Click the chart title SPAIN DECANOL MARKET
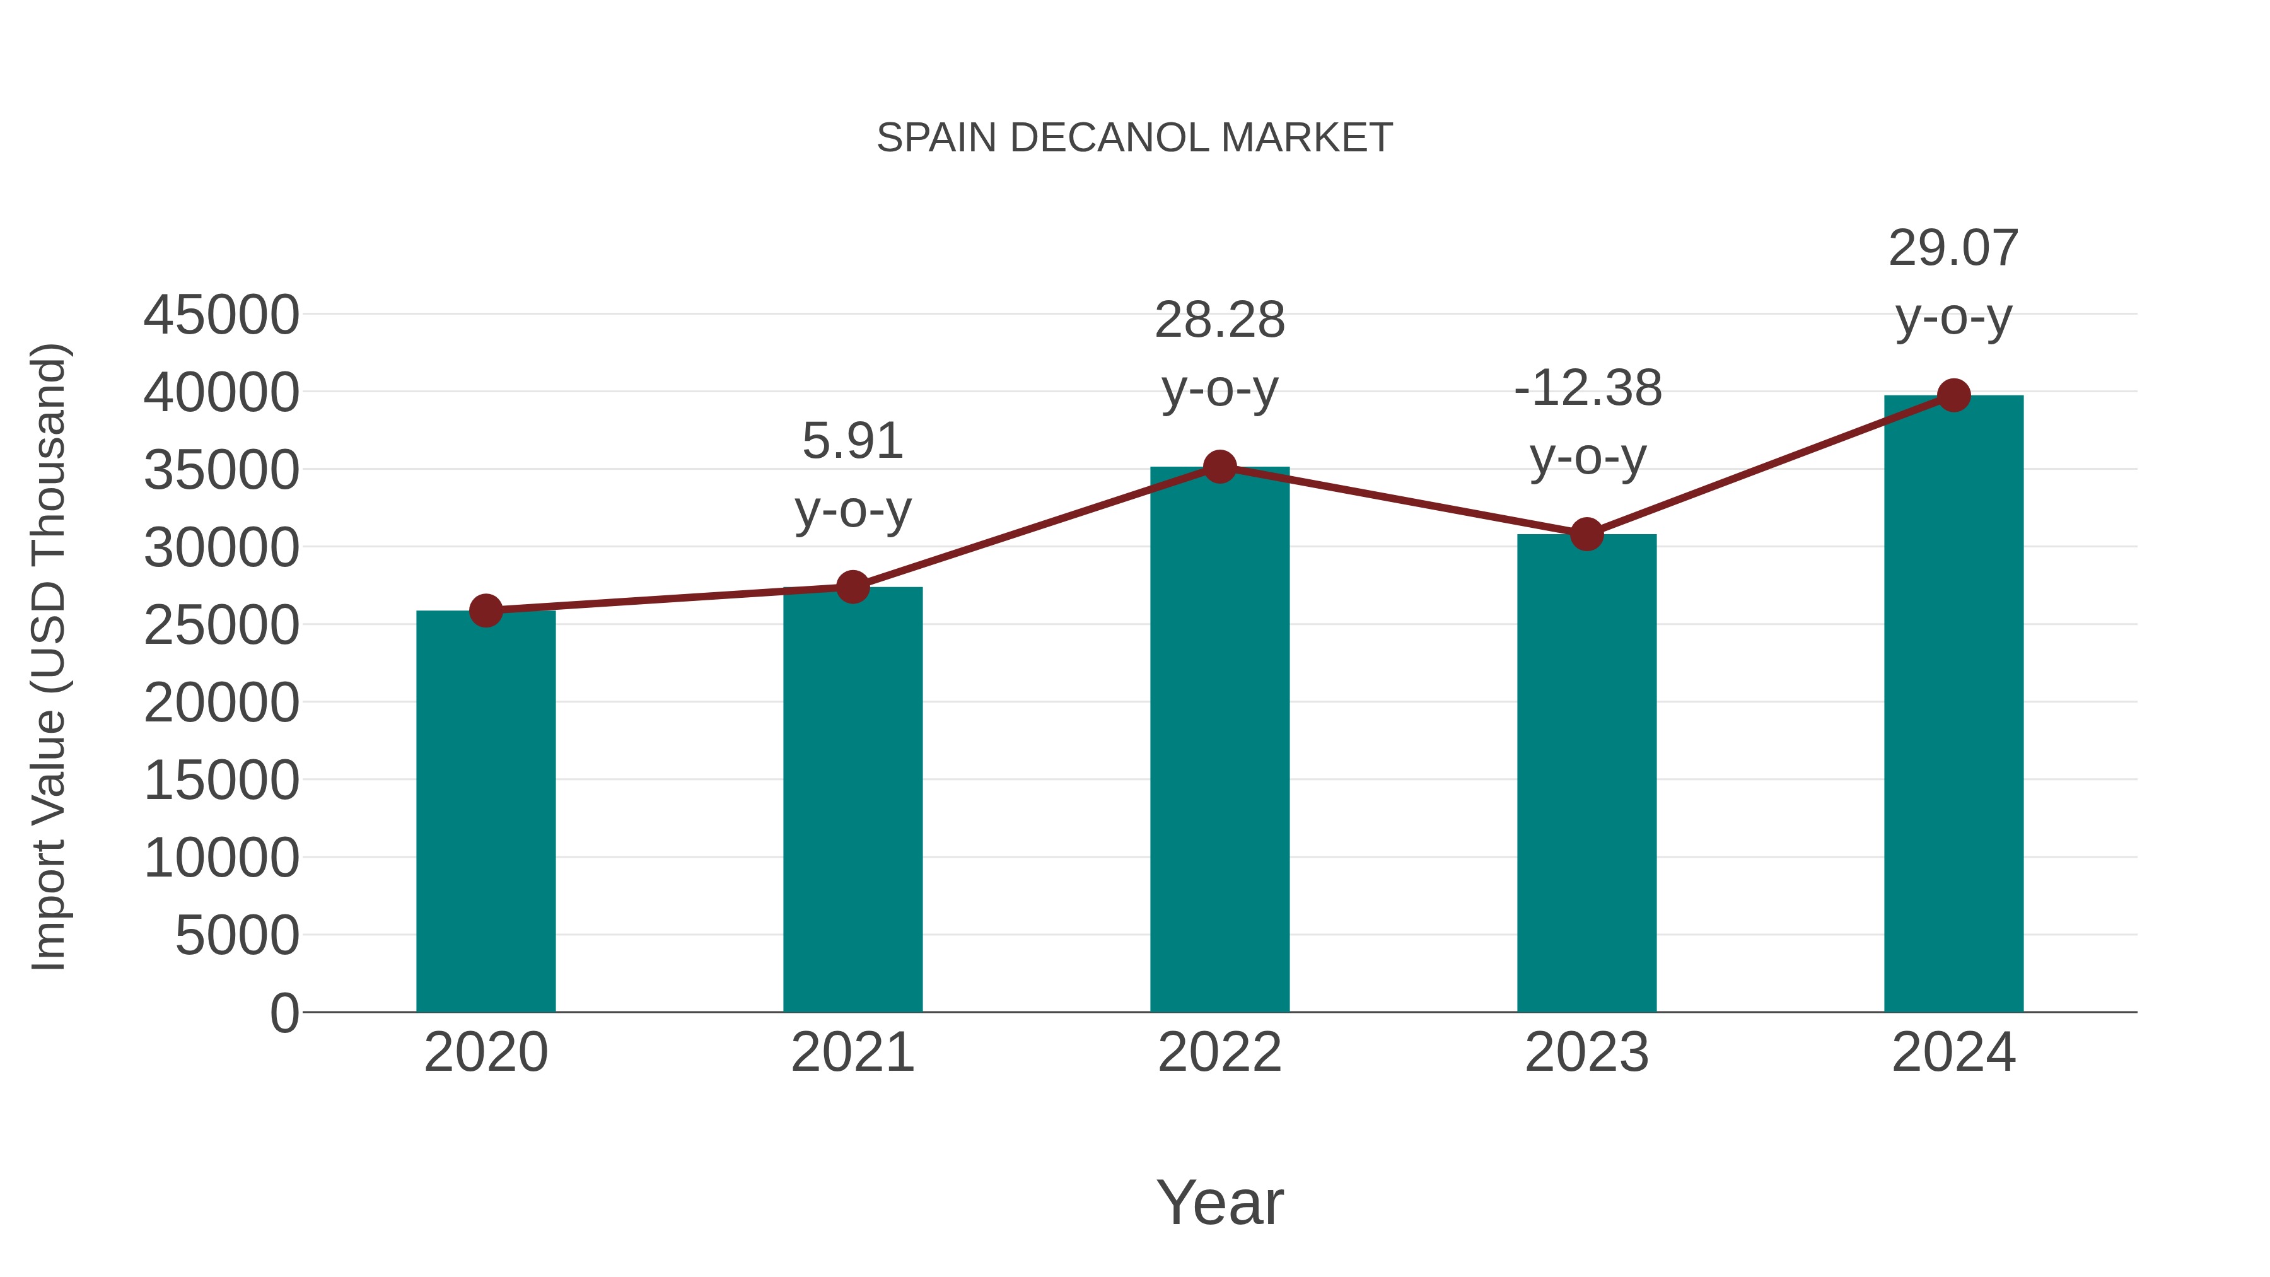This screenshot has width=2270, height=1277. tap(1134, 138)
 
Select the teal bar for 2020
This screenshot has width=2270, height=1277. tap(486, 811)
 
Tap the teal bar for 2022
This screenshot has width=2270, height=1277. tap(1219, 740)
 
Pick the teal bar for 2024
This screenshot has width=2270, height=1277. tap(1953, 705)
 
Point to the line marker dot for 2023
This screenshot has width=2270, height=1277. tap(1586, 534)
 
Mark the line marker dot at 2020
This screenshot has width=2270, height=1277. tap(486, 610)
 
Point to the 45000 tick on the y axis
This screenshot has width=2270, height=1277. tap(221, 315)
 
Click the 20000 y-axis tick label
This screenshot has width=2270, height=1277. tap(221, 703)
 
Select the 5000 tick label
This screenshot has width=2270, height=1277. tap(237, 935)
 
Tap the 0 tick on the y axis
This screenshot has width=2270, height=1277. tap(284, 1013)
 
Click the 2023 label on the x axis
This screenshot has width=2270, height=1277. tap(1586, 1053)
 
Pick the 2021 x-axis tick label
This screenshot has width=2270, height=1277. tap(852, 1053)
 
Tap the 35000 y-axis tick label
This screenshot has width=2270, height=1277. tap(221, 470)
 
